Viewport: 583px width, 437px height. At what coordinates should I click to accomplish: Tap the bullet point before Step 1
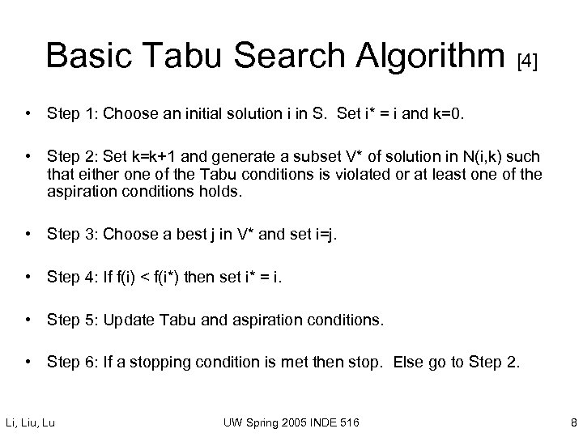click(x=30, y=114)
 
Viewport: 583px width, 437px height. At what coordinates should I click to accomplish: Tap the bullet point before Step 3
click(x=30, y=234)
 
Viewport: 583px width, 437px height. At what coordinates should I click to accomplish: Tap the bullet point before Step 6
click(x=30, y=362)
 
